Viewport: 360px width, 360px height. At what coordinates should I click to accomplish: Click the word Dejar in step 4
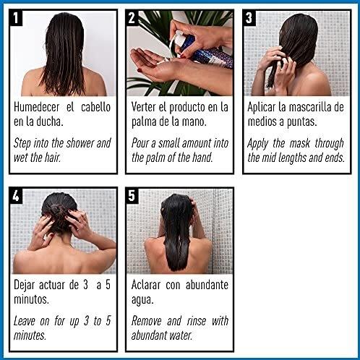pyautogui.click(x=28, y=285)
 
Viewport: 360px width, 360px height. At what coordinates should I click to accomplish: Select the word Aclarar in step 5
pyautogui.click(x=149, y=285)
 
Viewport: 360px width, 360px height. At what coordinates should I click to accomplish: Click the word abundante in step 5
pyautogui.click(x=206, y=285)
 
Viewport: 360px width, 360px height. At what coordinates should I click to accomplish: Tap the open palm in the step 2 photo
pyautogui.click(x=155, y=69)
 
